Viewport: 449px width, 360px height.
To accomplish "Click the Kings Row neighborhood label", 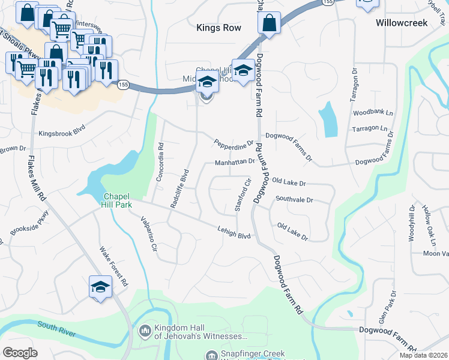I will tap(219, 28).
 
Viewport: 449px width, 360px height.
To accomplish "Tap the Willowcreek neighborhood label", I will tap(401, 23).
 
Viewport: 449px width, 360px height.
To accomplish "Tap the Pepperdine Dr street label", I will tap(234, 143).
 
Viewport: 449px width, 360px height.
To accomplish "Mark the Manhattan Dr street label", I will tap(235, 163).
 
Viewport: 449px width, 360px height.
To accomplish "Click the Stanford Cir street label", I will tap(241, 195).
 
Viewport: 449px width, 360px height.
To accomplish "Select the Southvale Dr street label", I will tap(294, 199).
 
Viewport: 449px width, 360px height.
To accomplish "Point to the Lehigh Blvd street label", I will tap(234, 232).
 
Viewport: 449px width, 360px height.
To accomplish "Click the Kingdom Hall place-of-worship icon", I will tap(145, 331).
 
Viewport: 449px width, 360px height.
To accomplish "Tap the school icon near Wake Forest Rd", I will tap(100, 286).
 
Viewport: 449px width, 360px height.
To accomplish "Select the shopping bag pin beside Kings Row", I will tap(269, 25).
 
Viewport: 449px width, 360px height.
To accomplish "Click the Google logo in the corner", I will tap(20, 353).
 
